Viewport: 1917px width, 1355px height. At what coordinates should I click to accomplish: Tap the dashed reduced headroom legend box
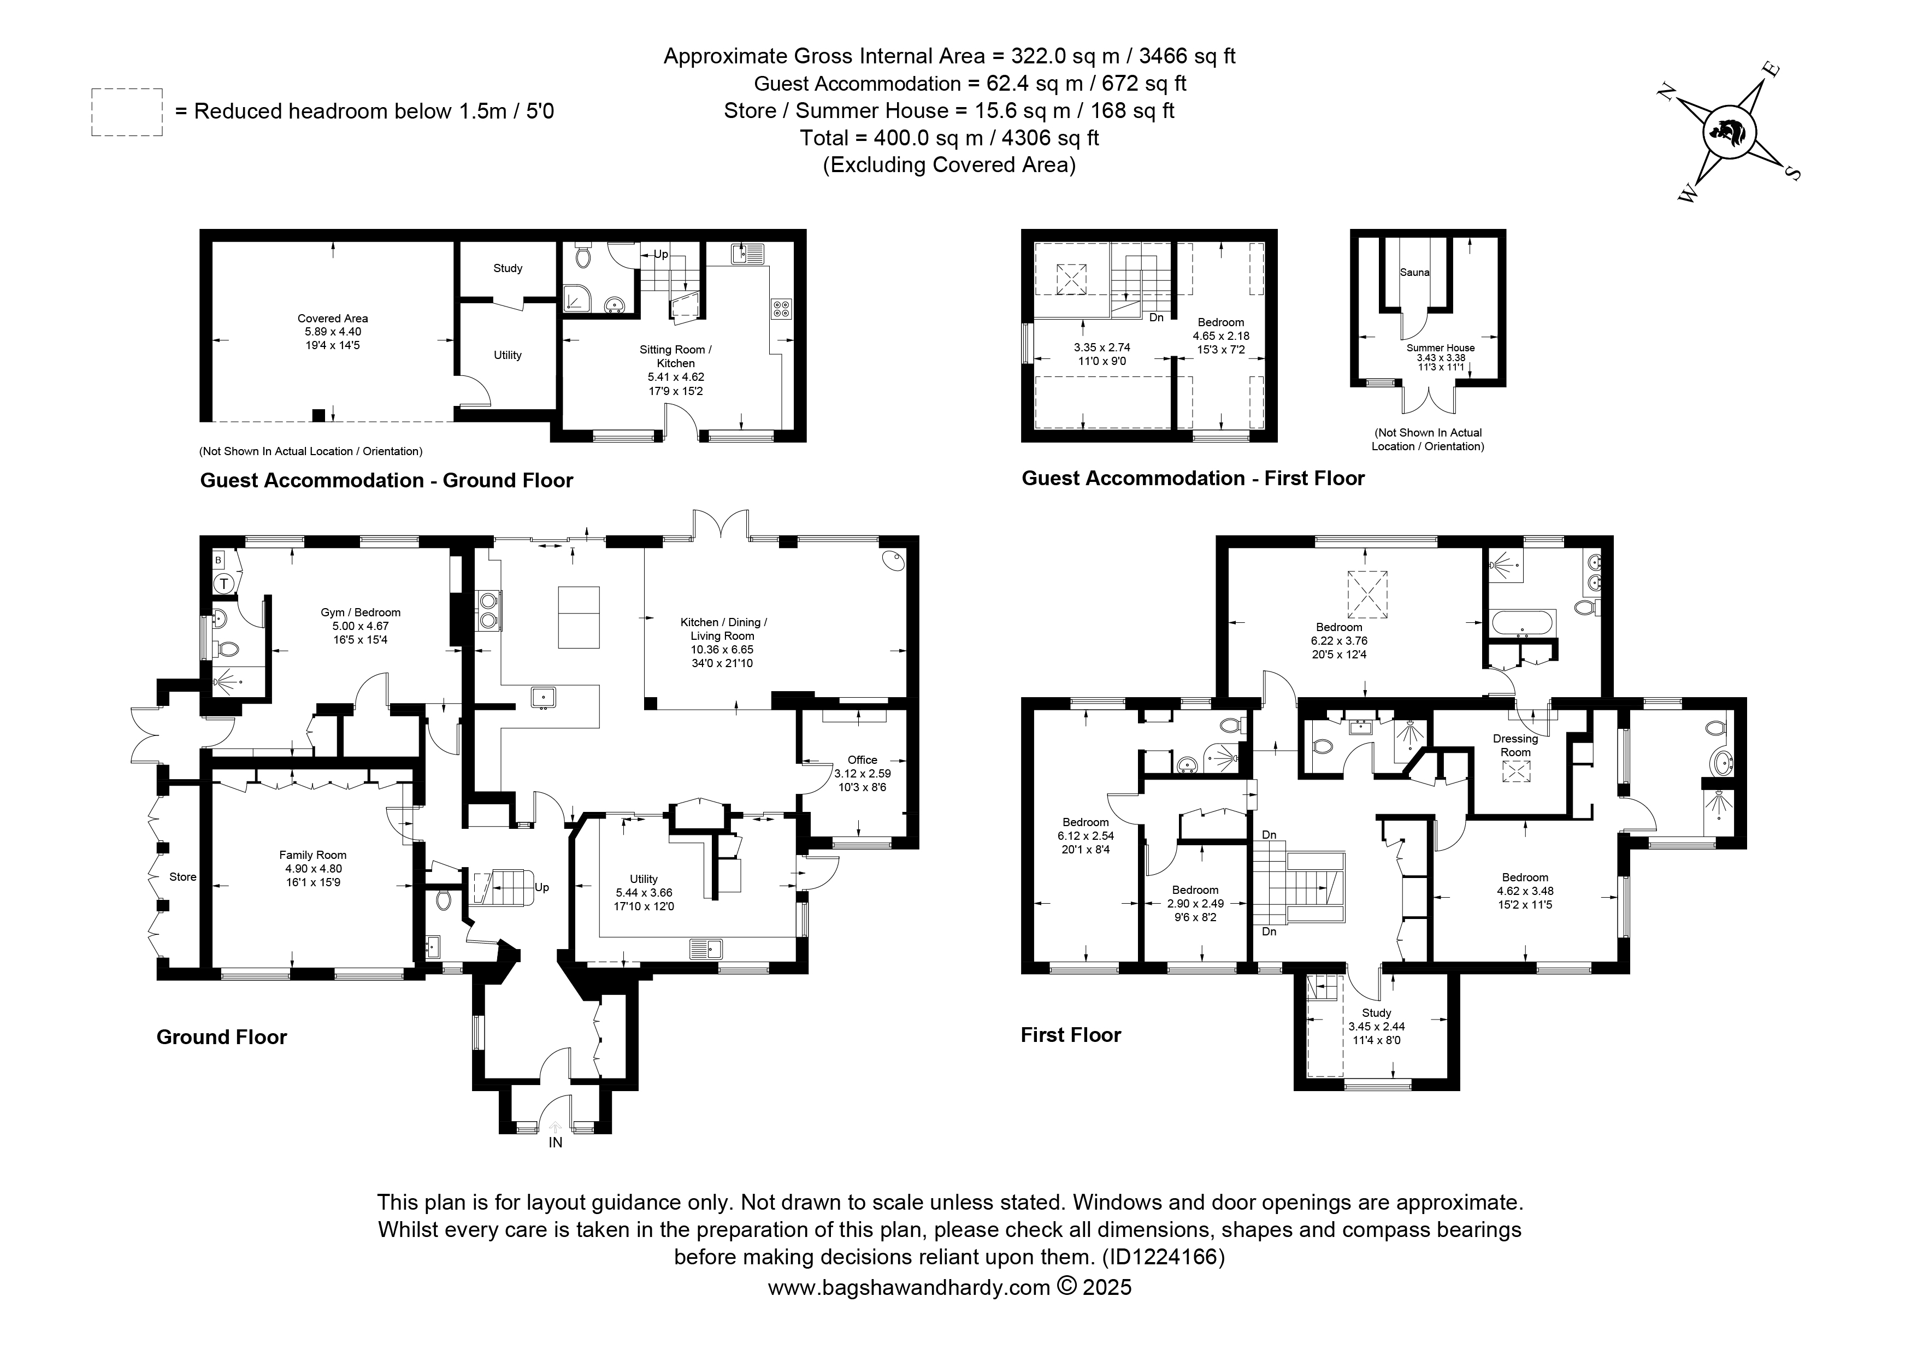point(127,112)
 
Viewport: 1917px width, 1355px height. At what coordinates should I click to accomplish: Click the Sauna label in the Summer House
point(1414,272)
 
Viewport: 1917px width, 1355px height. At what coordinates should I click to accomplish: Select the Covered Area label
point(332,318)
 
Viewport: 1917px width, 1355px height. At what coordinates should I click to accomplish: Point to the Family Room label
point(312,855)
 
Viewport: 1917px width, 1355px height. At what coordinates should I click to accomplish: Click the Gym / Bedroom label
point(361,612)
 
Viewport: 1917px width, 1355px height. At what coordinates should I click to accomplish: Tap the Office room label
point(863,760)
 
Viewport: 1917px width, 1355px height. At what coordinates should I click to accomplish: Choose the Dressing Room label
point(1515,746)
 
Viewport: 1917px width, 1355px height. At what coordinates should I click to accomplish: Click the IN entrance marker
point(555,1142)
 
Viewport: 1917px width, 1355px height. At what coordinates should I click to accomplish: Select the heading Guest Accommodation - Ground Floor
point(387,480)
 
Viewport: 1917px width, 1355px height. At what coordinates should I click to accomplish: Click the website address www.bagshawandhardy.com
point(909,1287)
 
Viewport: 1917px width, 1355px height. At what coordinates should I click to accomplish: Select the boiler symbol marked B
point(219,560)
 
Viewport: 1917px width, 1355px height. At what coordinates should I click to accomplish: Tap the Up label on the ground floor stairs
point(542,887)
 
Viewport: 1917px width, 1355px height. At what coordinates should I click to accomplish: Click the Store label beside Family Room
point(183,876)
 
